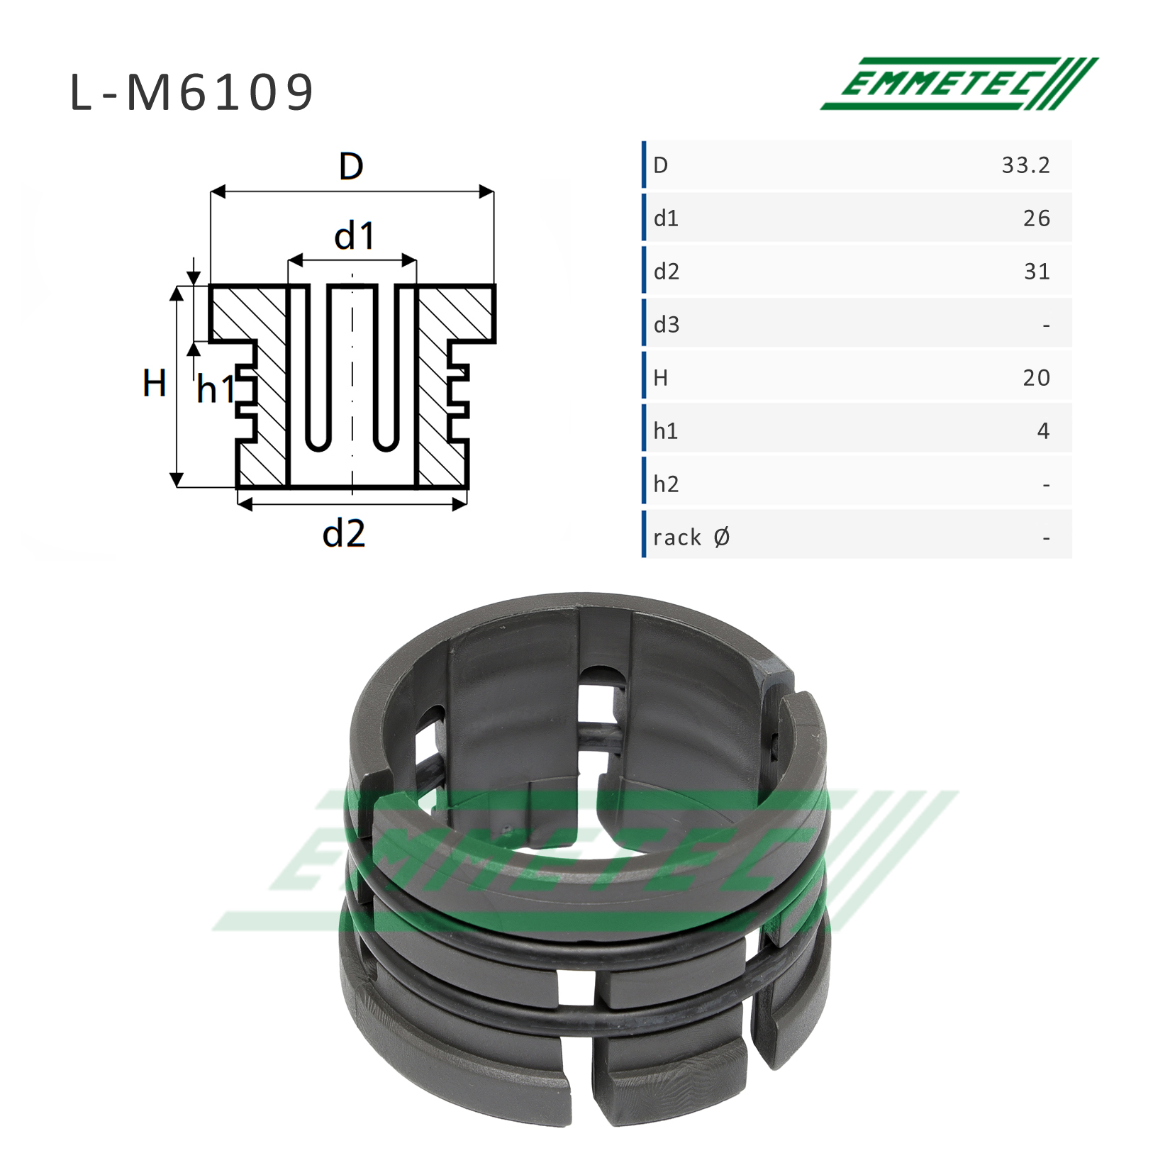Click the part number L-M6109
pos(191,93)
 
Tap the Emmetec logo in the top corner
pos(959,84)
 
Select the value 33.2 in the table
pos(1025,165)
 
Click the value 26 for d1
pos(1037,218)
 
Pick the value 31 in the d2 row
pos(1037,272)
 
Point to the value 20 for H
pos(1036,378)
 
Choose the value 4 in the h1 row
pos(1043,431)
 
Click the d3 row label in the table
pos(667,325)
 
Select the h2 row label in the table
pos(667,484)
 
